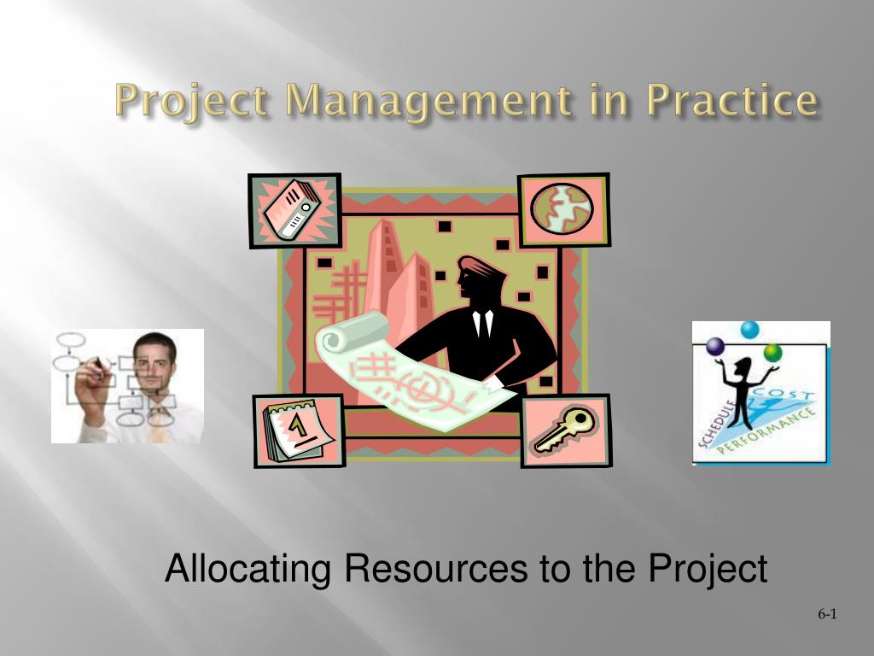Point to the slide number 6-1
[827, 614]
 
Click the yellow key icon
[566, 429]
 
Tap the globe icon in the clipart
[562, 208]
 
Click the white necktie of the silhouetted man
[483, 324]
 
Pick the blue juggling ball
[749, 330]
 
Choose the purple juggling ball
[714, 347]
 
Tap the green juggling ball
[773, 353]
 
